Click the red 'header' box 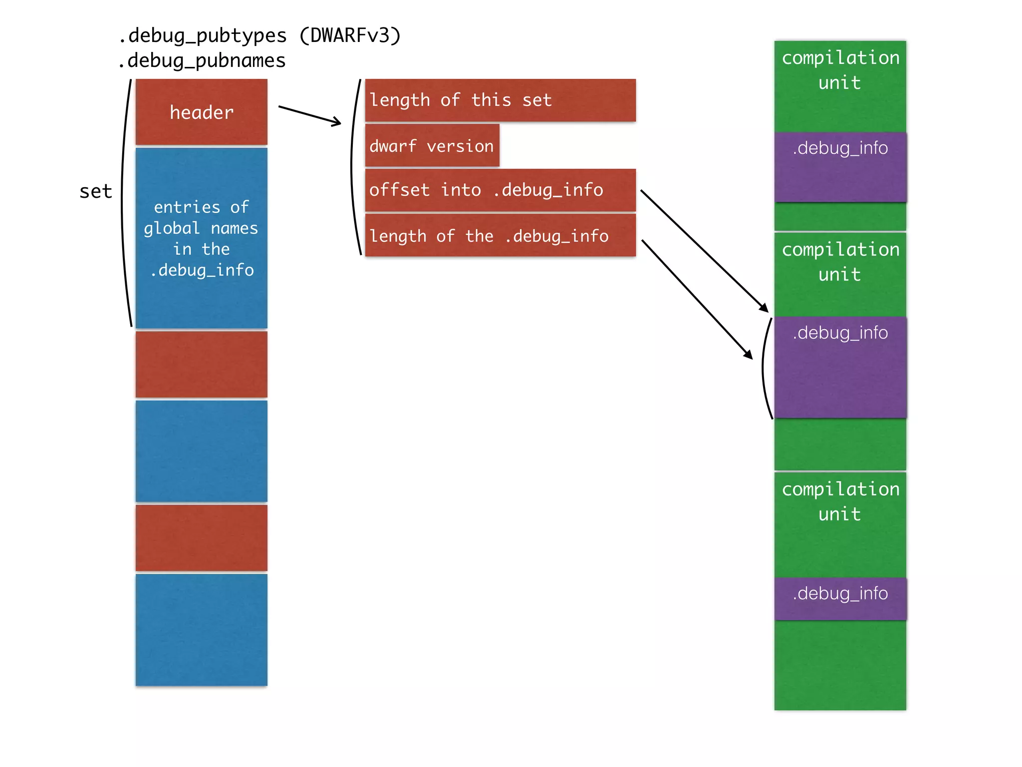(201, 112)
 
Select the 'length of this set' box (500, 100)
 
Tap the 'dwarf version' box (432, 146)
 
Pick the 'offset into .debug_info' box (500, 190)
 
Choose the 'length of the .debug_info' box (500, 236)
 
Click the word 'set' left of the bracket (96, 192)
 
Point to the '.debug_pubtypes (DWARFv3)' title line (259, 36)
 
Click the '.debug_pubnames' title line (202, 61)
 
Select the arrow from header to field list (309, 115)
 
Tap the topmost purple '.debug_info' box (840, 167)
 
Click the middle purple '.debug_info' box (840, 367)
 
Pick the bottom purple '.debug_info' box (840, 598)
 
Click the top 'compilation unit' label (840, 70)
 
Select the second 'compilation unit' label (840, 262)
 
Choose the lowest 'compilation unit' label (840, 501)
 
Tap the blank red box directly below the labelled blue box (201, 364)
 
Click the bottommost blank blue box (201, 629)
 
